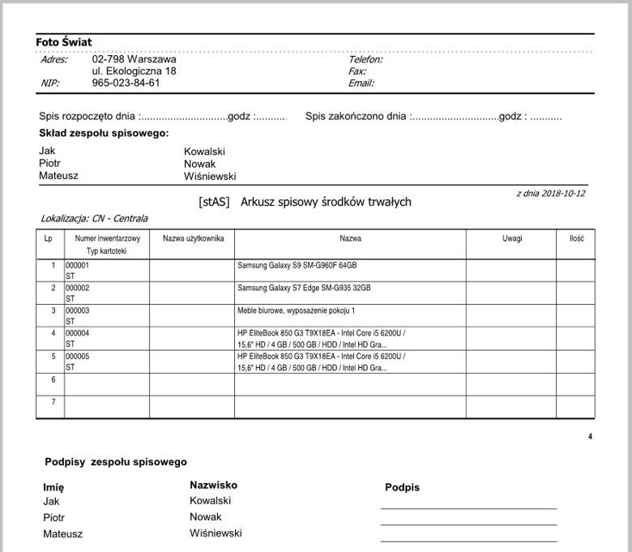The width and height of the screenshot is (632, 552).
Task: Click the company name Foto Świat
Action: (x=63, y=42)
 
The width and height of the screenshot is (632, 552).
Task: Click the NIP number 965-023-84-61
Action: (x=126, y=83)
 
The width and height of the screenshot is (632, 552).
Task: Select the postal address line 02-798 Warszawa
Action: (x=135, y=59)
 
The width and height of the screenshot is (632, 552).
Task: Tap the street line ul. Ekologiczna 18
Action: (x=135, y=71)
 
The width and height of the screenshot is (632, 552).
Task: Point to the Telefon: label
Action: (x=365, y=59)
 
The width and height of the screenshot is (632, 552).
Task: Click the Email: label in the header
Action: (x=361, y=83)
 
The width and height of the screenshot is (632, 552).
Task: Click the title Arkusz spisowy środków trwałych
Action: (x=326, y=202)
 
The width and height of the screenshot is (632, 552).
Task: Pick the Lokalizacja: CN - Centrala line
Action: (x=94, y=219)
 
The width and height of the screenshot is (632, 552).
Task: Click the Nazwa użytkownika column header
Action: (x=192, y=239)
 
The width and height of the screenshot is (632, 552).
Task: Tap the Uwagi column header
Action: (x=511, y=239)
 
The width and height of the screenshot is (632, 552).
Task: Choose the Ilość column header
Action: (x=577, y=239)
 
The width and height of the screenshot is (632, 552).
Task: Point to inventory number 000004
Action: (x=78, y=333)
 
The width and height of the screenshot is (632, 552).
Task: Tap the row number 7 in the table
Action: (x=53, y=402)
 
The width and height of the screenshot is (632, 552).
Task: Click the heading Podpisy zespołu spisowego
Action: (x=116, y=462)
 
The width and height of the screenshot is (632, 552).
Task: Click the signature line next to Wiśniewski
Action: (x=468, y=540)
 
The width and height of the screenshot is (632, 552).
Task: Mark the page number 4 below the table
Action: (x=590, y=437)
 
